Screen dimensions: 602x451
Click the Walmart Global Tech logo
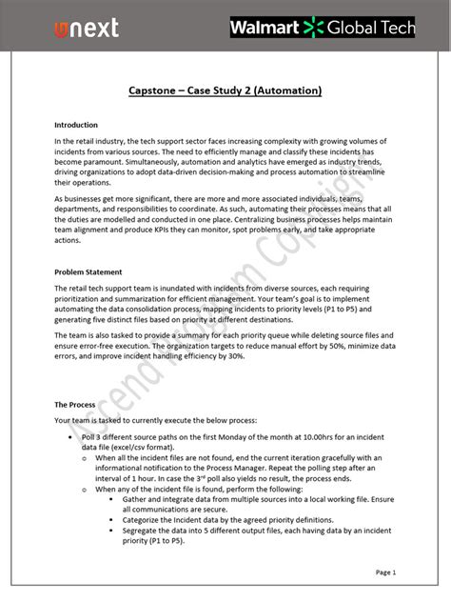[x=323, y=28]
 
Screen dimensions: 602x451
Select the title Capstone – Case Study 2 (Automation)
[x=225, y=90]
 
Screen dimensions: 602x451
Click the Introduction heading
[x=76, y=125]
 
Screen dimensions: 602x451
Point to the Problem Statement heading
[x=88, y=271]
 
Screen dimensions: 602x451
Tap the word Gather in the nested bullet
[x=138, y=500]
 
